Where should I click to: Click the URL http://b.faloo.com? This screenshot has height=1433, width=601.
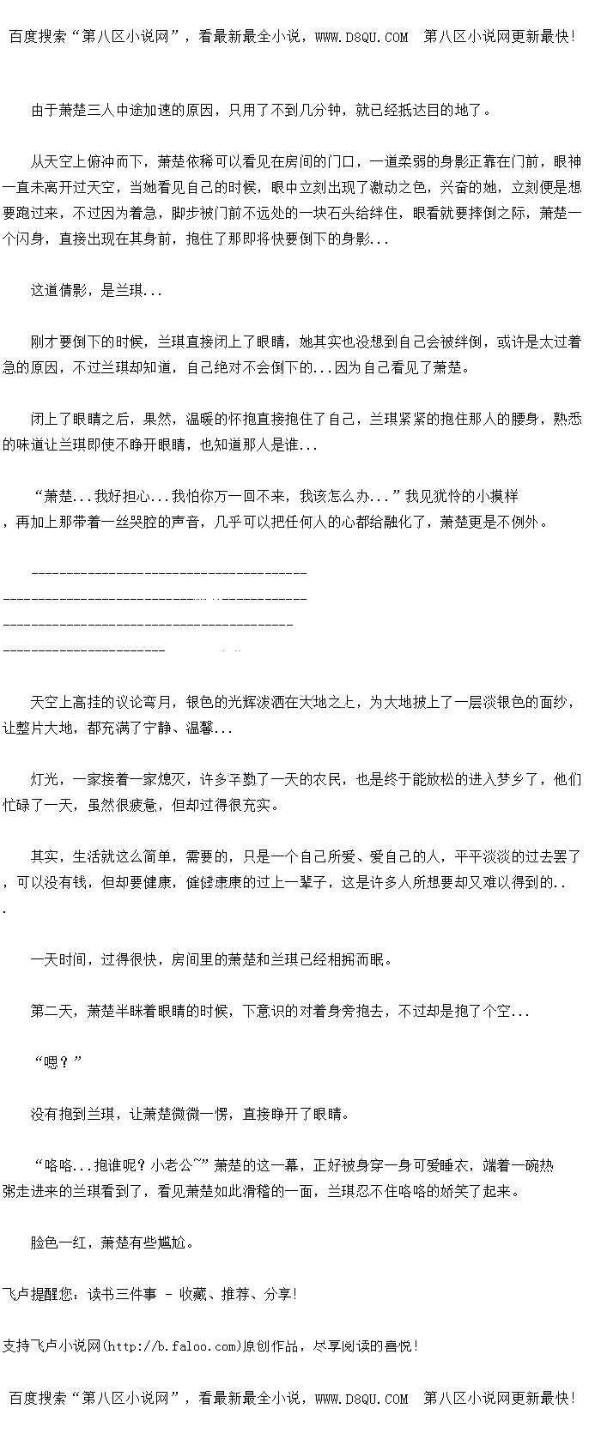point(172,1345)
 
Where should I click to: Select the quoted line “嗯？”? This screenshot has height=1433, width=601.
point(58,1062)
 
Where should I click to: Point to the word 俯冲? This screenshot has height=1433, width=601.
point(101,161)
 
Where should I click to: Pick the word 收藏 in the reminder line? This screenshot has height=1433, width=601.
point(193,1294)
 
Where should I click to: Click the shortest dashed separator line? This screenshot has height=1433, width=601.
point(84,650)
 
